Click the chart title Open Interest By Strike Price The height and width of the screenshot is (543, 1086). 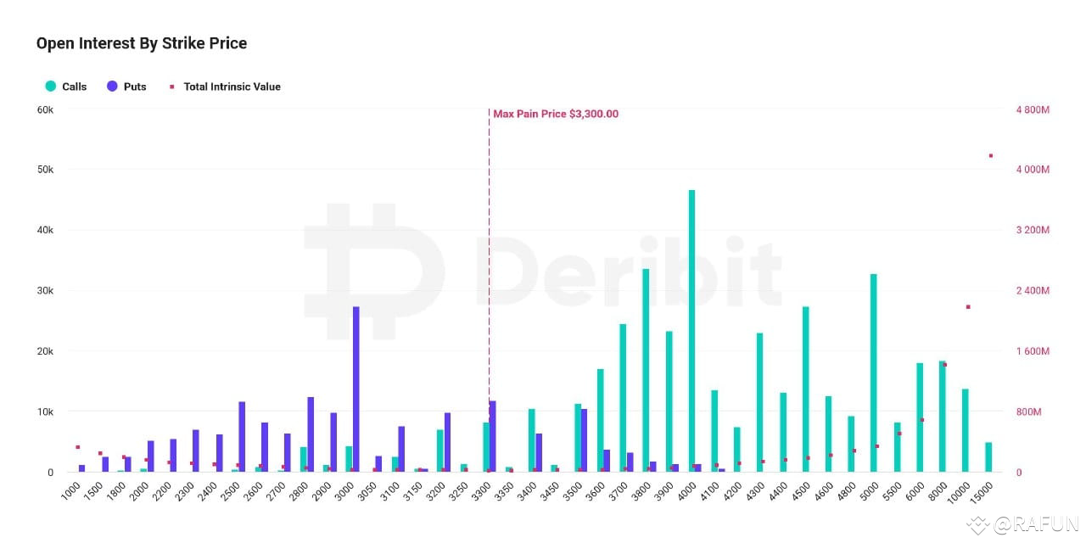(x=142, y=43)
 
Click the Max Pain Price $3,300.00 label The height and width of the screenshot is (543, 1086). (x=556, y=114)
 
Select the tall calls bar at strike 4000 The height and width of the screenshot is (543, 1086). (x=691, y=331)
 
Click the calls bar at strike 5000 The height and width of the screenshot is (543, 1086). (x=873, y=372)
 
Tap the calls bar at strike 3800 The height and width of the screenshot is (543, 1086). (x=646, y=370)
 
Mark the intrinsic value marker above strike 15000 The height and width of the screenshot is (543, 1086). (x=990, y=155)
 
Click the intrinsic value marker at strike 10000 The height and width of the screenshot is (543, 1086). (x=968, y=306)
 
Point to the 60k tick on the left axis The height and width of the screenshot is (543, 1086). (x=43, y=109)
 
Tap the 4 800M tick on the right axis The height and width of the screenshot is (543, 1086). (x=1033, y=109)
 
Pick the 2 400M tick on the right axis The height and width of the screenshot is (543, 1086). (x=1033, y=291)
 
